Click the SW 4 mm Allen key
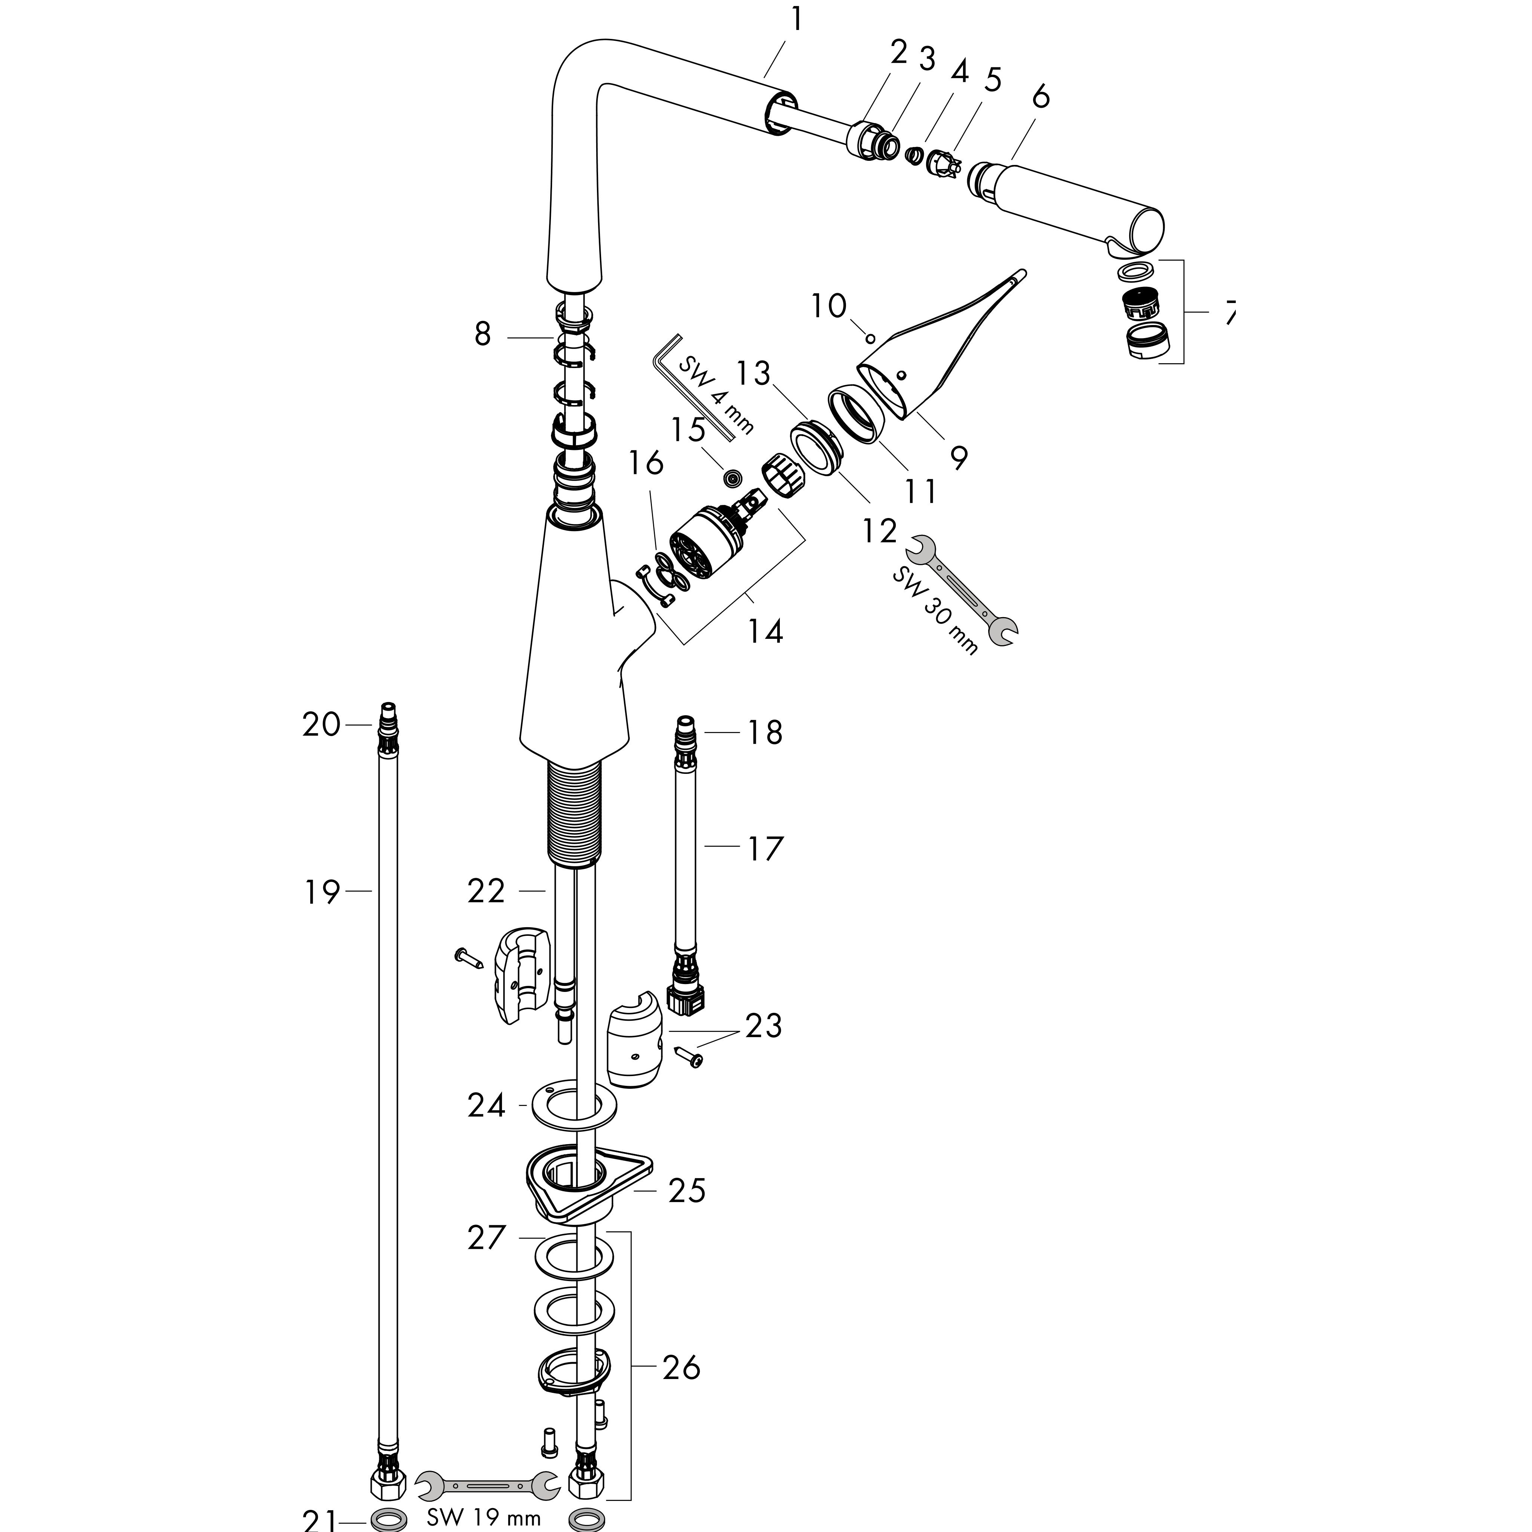click(702, 384)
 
